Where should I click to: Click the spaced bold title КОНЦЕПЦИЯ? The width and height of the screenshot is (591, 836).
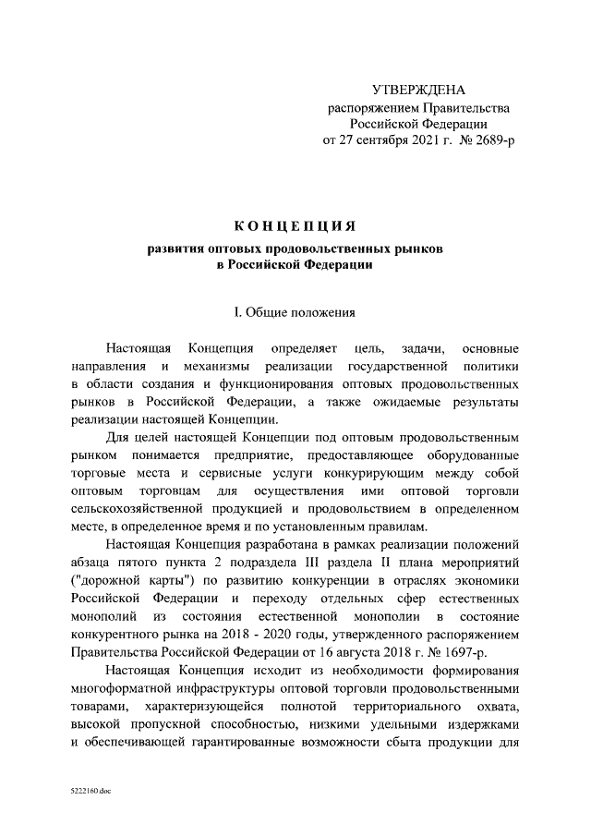(295, 226)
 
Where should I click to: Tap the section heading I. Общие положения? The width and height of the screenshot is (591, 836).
(295, 312)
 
